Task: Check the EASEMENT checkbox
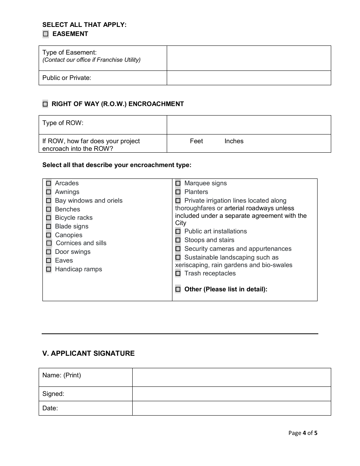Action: [x=46, y=34]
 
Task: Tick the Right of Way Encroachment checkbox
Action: [x=45, y=104]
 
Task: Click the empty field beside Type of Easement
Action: [x=249, y=58]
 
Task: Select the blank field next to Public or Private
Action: [x=249, y=78]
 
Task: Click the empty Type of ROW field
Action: [x=249, y=125]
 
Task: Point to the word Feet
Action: [x=196, y=141]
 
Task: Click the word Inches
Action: [x=234, y=141]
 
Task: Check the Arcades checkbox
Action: [x=49, y=183]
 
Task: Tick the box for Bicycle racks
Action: [x=49, y=218]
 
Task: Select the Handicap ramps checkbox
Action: [x=49, y=269]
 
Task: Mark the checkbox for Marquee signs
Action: [x=178, y=183]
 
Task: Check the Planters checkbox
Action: [x=178, y=192]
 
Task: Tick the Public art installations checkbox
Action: [x=178, y=231]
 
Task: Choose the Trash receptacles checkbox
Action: [x=178, y=274]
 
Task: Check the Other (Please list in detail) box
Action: [x=178, y=289]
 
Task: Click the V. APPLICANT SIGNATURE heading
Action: [x=88, y=353]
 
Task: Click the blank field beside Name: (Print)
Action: [x=231, y=377]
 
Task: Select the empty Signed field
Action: [x=231, y=394]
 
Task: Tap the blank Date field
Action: [x=231, y=408]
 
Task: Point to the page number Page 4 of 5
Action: [x=303, y=433]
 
